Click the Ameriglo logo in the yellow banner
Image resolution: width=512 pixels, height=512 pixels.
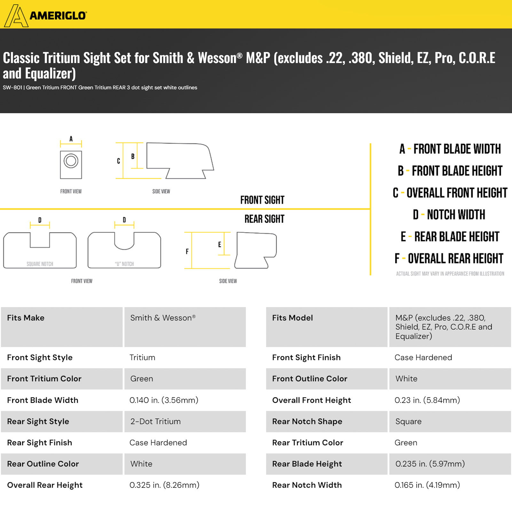[45, 15]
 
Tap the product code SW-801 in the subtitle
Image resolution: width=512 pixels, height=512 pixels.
[12, 88]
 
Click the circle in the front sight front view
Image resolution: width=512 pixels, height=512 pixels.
[71, 161]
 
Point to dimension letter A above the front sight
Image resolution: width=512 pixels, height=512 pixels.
[71, 139]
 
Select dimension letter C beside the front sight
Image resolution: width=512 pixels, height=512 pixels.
[118, 161]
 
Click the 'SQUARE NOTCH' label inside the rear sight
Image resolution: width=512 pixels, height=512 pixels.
[40, 264]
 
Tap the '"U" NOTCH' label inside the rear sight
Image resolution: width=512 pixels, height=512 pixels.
[124, 264]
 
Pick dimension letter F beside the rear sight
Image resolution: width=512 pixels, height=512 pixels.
[187, 251]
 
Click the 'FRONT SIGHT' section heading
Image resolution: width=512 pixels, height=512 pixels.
[262, 200]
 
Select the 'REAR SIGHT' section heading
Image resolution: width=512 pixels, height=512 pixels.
[264, 219]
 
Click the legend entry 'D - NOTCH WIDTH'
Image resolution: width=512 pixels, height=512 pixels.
[449, 215]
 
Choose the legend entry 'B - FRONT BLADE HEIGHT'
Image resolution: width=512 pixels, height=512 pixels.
[450, 171]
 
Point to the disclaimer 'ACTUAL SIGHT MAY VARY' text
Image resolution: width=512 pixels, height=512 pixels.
[450, 274]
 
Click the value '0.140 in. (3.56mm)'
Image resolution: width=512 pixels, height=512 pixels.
[164, 400]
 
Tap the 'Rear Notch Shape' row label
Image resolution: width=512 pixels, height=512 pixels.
[307, 421]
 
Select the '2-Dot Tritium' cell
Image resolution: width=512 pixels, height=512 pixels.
[155, 421]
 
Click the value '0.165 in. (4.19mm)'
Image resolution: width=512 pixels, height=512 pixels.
[427, 485]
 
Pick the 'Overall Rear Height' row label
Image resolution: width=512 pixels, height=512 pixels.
[45, 485]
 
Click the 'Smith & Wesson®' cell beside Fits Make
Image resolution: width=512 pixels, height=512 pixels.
[163, 318]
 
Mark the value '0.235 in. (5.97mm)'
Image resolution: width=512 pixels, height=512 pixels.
[430, 464]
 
